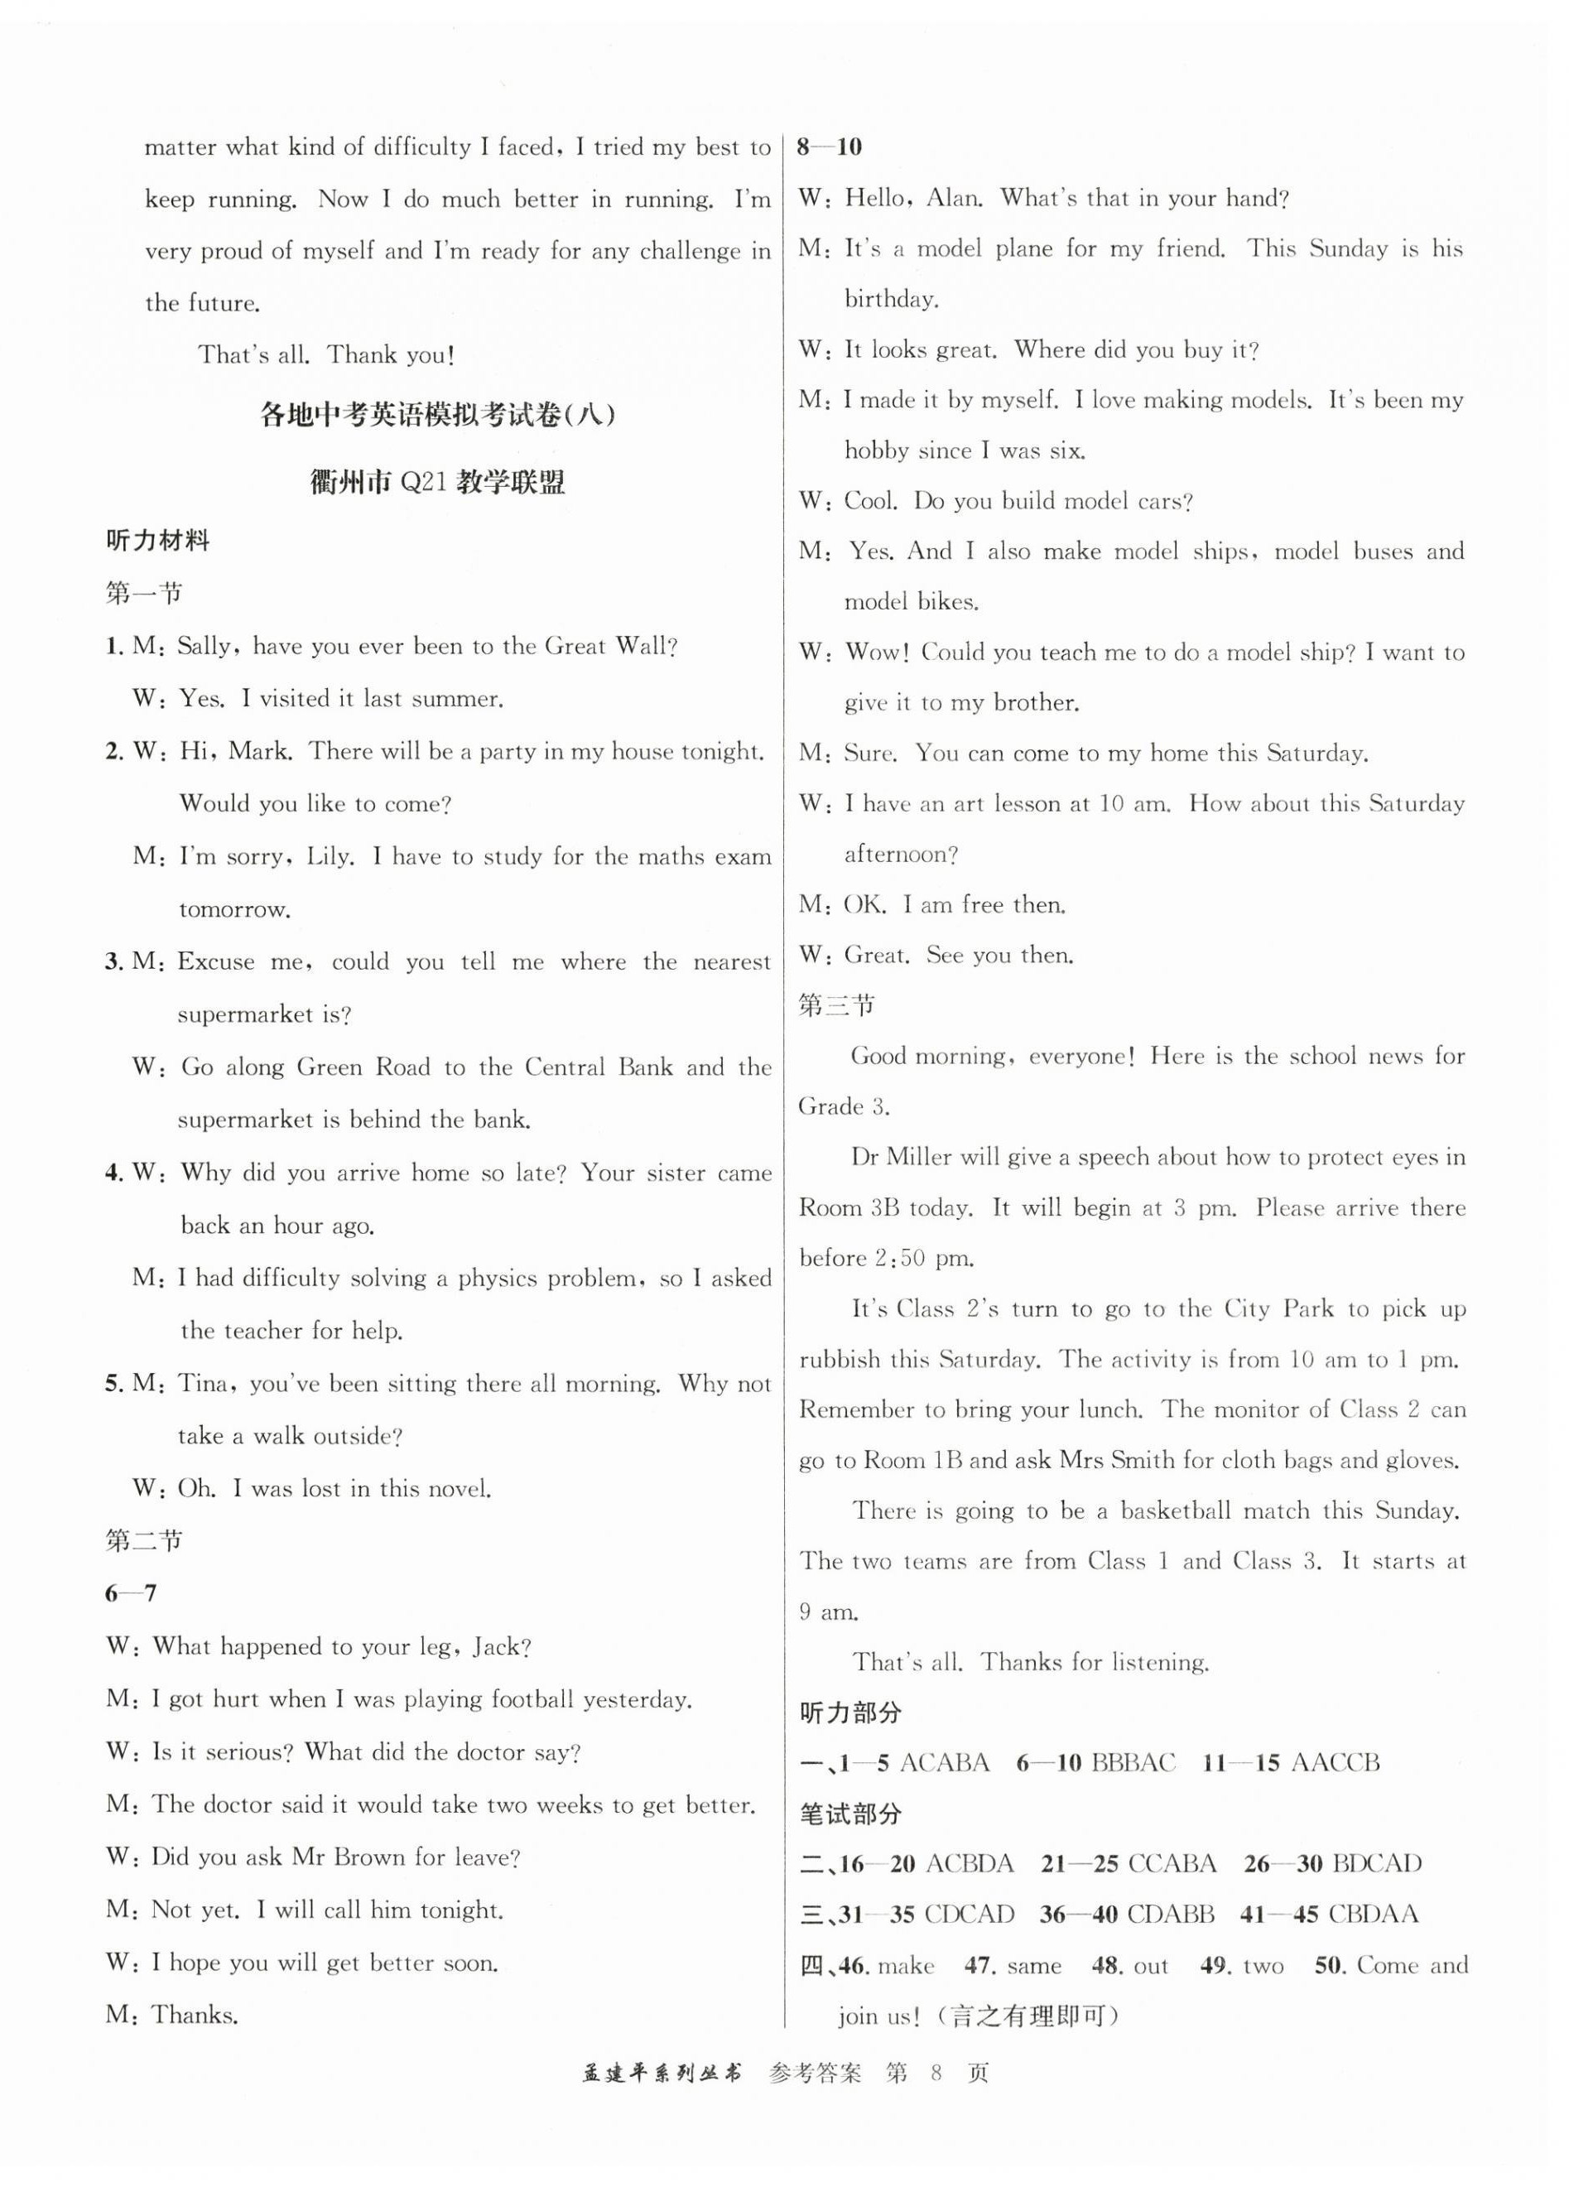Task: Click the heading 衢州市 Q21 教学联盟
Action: pyautogui.click(x=438, y=481)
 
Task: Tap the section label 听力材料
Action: pyautogui.click(x=157, y=541)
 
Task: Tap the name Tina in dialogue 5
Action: pyautogui.click(x=206, y=1384)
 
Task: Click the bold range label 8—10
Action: pyautogui.click(x=830, y=147)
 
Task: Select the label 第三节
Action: pyautogui.click(x=836, y=1006)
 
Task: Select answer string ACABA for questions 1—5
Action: pyautogui.click(x=944, y=1764)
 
